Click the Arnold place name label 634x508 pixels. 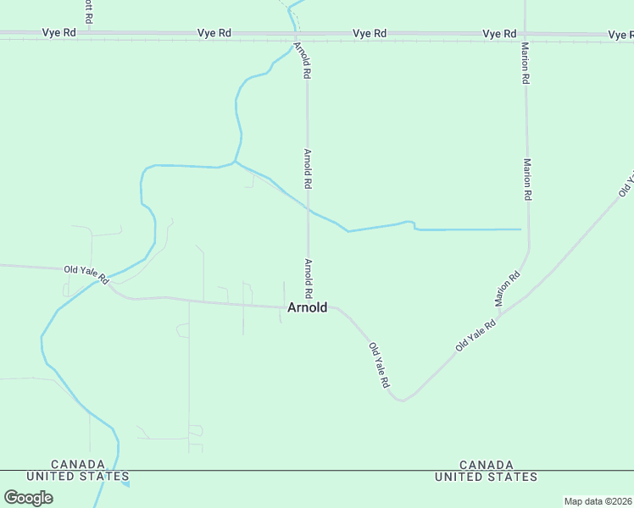tap(307, 307)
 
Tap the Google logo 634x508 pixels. tap(29, 497)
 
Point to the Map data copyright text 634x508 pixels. tap(598, 501)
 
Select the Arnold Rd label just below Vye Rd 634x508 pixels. tap(303, 60)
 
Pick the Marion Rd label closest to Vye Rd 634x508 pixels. tap(526, 63)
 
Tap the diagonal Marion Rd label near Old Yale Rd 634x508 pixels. tap(507, 289)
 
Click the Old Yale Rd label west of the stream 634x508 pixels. tap(86, 273)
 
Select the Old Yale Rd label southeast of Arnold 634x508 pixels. tap(379, 365)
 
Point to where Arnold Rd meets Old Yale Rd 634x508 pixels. tap(308, 306)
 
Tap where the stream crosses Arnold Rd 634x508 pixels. tap(308, 208)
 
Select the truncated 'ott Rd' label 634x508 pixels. tap(88, 11)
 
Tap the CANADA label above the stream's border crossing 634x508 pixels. tap(79, 465)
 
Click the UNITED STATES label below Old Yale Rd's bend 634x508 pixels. tap(486, 477)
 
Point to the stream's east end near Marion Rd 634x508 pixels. tap(519, 229)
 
